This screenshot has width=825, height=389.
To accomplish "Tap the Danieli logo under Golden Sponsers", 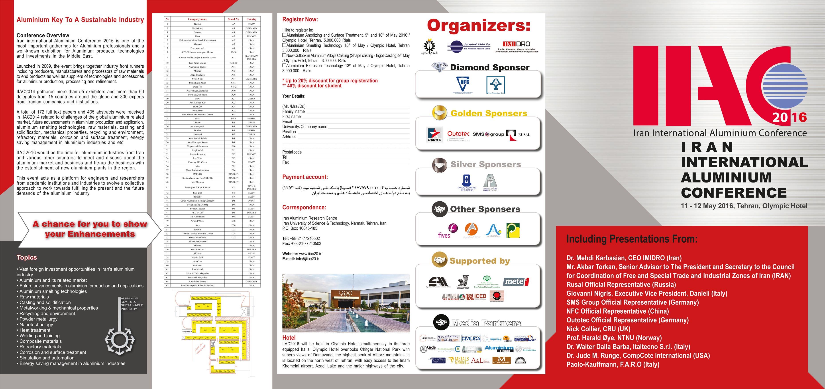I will (435, 134).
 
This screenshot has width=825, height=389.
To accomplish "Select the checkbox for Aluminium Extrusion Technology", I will (284, 66).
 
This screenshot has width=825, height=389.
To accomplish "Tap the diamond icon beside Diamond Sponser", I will (439, 67).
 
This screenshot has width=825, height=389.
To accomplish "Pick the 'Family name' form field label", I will (293, 111).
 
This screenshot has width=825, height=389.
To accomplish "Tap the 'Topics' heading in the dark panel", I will (27, 257).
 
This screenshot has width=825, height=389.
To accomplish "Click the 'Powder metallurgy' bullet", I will (38, 319).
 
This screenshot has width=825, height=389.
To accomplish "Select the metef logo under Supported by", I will (516, 281).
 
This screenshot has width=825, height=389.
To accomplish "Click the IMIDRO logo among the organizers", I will (516, 46).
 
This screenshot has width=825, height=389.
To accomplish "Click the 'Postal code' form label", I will (292, 152).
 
